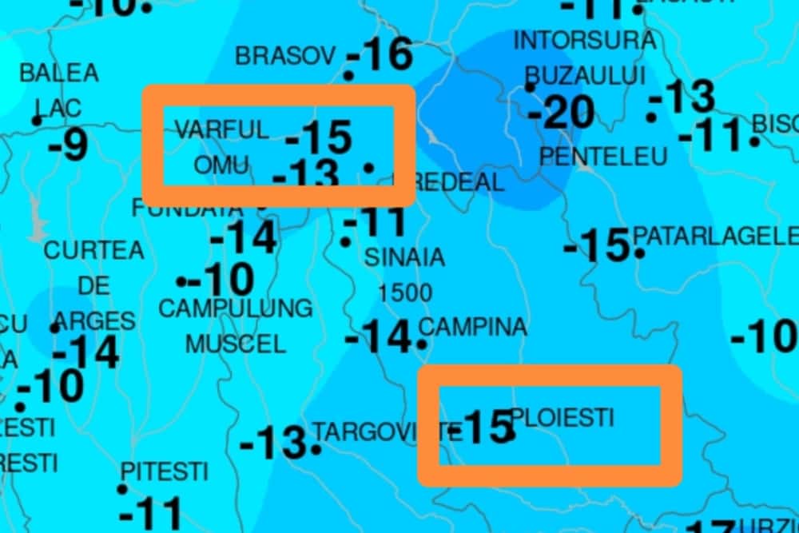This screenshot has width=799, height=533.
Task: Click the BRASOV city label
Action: coord(284,56)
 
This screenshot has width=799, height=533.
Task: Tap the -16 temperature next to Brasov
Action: coord(381,54)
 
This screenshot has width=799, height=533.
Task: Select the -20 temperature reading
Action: coord(561,113)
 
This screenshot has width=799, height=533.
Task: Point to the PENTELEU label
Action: coord(603,157)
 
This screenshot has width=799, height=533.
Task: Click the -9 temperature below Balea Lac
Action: coord(68,145)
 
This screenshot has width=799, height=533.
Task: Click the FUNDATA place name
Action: coord(188,209)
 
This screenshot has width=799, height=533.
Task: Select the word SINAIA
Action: coord(404,257)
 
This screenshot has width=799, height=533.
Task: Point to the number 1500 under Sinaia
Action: coord(404,292)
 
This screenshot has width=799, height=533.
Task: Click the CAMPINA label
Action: coord(473,327)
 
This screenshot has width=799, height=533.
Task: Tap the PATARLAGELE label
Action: coord(715,237)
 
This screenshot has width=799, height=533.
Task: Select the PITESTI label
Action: coord(164,469)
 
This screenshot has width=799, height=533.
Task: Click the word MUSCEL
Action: coord(236,344)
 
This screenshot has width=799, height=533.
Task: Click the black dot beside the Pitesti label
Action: coord(123,488)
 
